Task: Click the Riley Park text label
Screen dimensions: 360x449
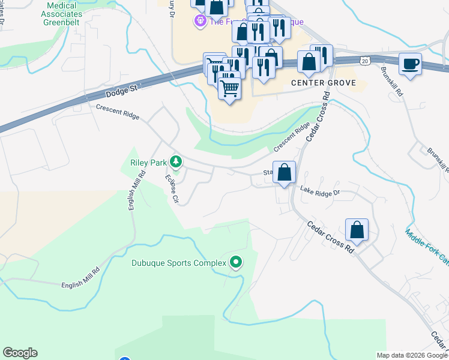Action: click(148, 161)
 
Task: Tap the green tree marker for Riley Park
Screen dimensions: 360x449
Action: click(176, 161)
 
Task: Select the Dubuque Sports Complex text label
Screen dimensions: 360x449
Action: click(179, 263)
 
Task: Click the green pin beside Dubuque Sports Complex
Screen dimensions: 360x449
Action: click(236, 262)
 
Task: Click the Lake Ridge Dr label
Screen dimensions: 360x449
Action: click(320, 192)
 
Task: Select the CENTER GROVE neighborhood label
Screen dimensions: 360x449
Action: click(324, 83)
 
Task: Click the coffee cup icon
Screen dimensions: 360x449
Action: click(410, 64)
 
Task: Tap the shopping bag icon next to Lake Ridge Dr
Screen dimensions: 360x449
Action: click(285, 172)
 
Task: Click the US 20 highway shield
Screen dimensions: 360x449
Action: click(365, 61)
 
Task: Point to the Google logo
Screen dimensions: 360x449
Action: click(20, 353)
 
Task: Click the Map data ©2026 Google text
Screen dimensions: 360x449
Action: click(412, 355)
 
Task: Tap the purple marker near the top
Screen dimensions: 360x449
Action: click(199, 22)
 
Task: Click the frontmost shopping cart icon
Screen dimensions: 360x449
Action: click(229, 88)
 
